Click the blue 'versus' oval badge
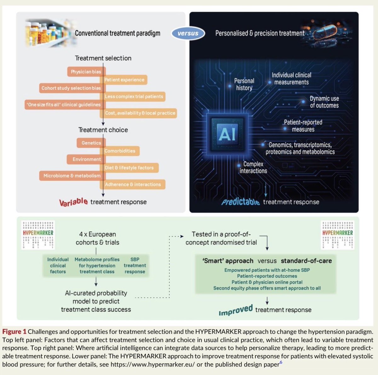point(188,33)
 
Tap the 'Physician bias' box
point(86,71)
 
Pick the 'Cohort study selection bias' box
point(72,88)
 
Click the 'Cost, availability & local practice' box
point(139,113)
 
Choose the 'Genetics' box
point(91,143)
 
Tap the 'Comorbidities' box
point(120,151)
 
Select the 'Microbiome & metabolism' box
point(72,176)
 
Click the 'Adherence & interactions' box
point(133,185)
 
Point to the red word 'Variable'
point(74,202)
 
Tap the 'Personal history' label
point(244,84)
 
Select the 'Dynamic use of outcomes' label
point(324,102)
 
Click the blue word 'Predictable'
point(240,202)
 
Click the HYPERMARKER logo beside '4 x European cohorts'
point(38,235)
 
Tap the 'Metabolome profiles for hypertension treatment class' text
point(97,265)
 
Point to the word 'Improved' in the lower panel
point(236,310)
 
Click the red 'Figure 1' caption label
point(14,332)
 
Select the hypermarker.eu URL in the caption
point(152,364)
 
